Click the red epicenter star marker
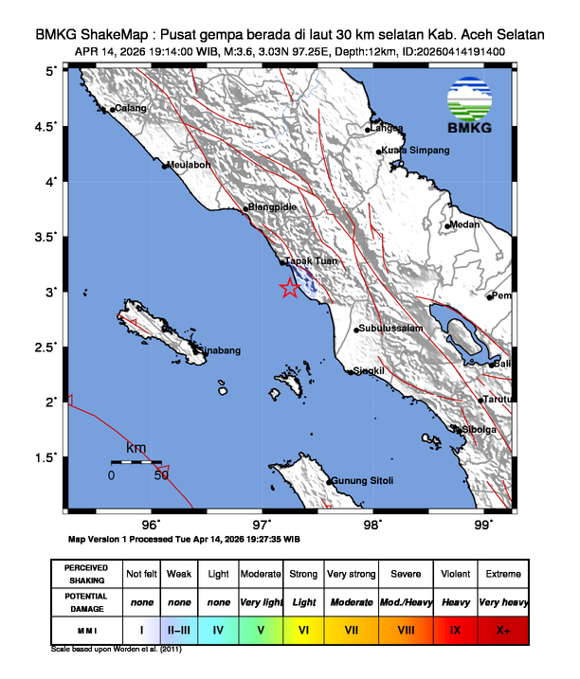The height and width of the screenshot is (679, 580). coord(290,289)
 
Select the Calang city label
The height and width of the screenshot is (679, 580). coord(131,109)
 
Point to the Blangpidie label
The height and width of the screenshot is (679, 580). coord(273,207)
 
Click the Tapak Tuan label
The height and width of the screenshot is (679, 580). coord(311,260)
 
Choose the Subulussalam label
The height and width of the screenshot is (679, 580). coord(389,329)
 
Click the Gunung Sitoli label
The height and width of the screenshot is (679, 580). coord(363,481)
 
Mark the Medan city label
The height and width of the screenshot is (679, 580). coord(464,224)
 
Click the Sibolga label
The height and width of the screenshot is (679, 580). coord(479,429)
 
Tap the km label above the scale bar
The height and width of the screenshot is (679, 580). coord(136,447)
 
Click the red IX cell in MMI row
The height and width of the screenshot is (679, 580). coord(455,629)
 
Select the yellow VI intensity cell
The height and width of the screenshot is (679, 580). coord(303,629)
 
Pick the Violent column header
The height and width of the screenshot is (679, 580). coord(455,574)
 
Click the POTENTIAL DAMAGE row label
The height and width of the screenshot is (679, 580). coord(87,601)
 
